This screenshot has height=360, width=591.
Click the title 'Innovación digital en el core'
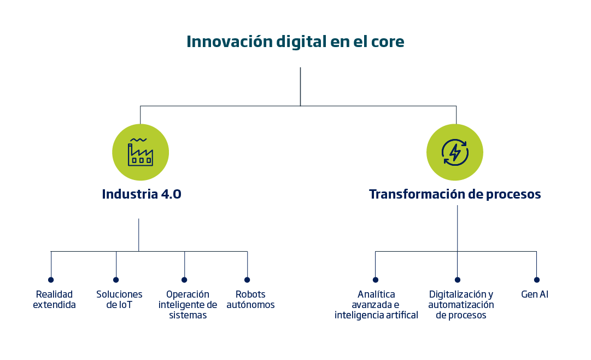[x=295, y=42]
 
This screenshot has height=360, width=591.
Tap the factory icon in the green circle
[x=140, y=152]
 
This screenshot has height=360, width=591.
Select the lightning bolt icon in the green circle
[x=455, y=153]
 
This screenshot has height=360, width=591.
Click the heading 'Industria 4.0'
[x=142, y=194]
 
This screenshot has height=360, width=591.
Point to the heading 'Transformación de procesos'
[x=455, y=194]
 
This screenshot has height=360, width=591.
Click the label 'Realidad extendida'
[x=54, y=299]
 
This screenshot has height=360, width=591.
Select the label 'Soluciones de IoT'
[x=119, y=299]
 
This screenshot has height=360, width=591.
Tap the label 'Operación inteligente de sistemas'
[x=188, y=305]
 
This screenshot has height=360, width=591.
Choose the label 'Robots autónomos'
[x=250, y=299]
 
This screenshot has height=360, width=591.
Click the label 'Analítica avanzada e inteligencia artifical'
[x=376, y=305]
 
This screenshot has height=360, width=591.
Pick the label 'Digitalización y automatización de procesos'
[x=461, y=305]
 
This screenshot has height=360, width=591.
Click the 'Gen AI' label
[x=535, y=294]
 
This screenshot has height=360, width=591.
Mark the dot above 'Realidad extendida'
[x=51, y=280]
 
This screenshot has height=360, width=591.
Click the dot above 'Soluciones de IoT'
[x=116, y=280]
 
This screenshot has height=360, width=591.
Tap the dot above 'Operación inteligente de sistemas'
[x=184, y=280]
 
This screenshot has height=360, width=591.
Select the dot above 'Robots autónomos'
[x=247, y=280]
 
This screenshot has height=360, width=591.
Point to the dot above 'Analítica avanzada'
[x=376, y=280]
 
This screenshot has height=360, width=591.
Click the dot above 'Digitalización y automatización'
[x=458, y=280]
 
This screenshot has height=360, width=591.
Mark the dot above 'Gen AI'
[x=537, y=280]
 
